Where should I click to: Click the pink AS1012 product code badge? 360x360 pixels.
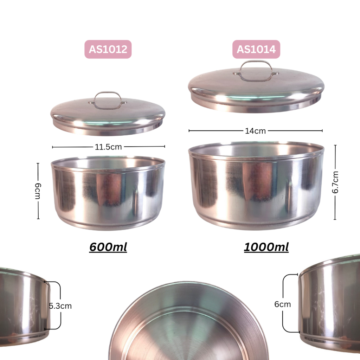tap(108, 49)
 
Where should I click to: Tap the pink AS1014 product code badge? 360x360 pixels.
tap(256, 49)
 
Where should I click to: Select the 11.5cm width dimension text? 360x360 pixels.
tap(108, 147)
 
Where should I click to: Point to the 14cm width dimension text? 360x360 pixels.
tap(255, 131)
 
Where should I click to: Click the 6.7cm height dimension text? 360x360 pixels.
tap(335, 182)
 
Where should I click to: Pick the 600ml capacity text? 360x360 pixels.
tap(108, 247)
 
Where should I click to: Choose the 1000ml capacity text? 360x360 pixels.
tap(266, 247)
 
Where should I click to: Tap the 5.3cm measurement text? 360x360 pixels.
tap(60, 306)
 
